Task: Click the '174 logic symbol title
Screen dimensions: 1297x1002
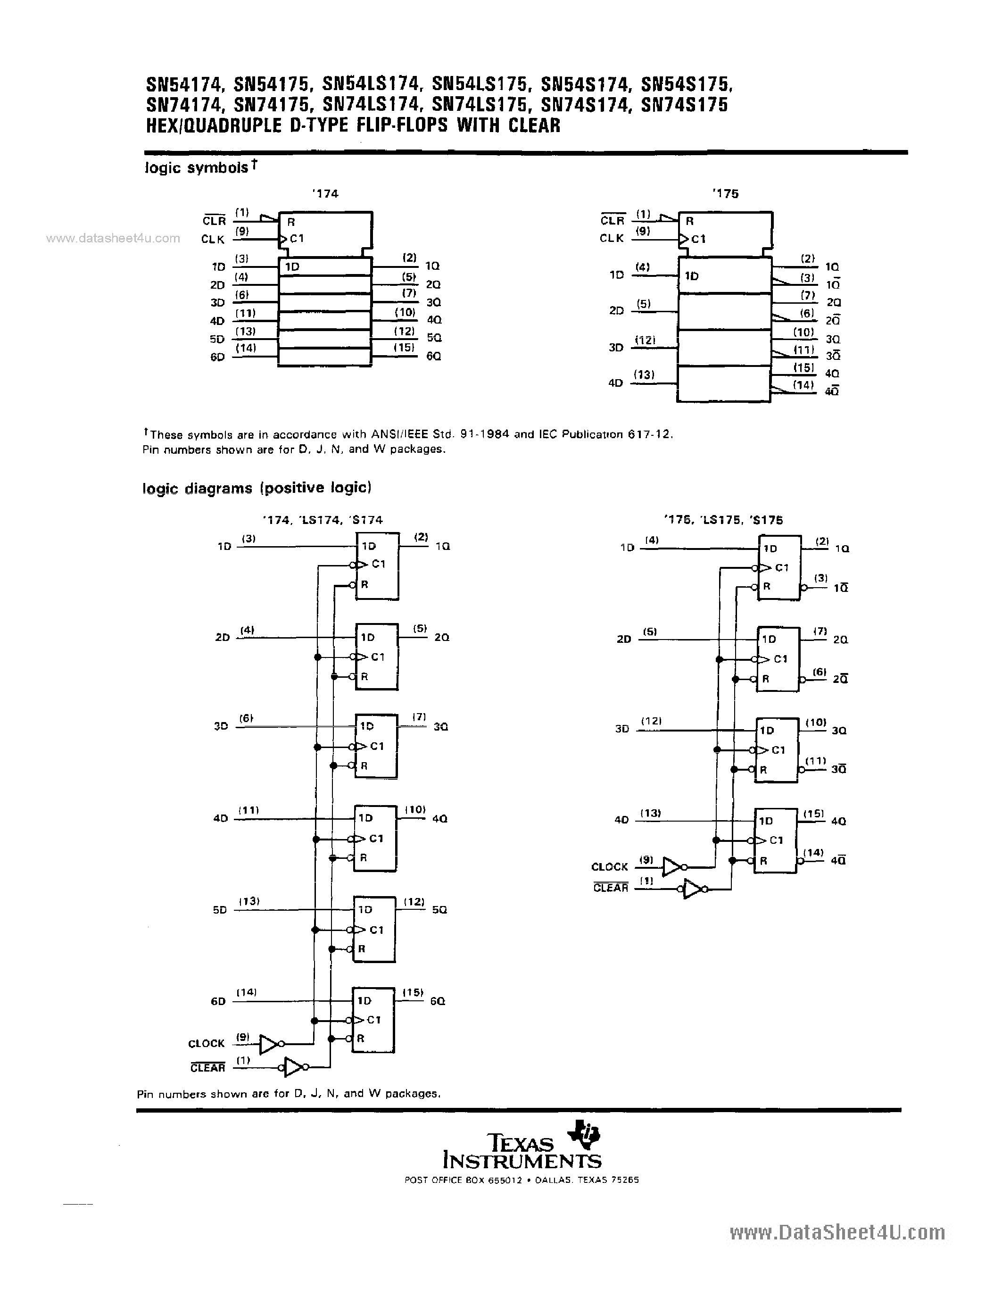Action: click(325, 193)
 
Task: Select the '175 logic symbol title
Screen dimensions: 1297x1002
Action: click(725, 193)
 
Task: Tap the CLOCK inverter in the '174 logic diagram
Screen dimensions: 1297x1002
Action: click(270, 1045)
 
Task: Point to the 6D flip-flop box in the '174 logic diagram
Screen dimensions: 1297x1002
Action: click(374, 1020)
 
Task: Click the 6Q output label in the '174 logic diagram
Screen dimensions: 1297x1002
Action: click(438, 1001)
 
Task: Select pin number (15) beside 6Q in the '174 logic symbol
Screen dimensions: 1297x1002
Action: click(404, 348)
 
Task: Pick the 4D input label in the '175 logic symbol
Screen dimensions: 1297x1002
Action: click(615, 383)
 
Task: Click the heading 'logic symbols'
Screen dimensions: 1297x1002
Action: click(197, 168)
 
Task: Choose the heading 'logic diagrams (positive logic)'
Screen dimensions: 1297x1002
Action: click(257, 488)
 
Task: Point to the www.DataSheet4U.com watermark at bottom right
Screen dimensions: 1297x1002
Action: click(837, 1233)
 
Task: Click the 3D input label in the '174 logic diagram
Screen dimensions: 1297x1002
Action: click(220, 726)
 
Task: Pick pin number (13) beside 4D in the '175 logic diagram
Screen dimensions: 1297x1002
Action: click(651, 813)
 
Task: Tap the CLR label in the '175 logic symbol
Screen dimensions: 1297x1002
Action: click(612, 220)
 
